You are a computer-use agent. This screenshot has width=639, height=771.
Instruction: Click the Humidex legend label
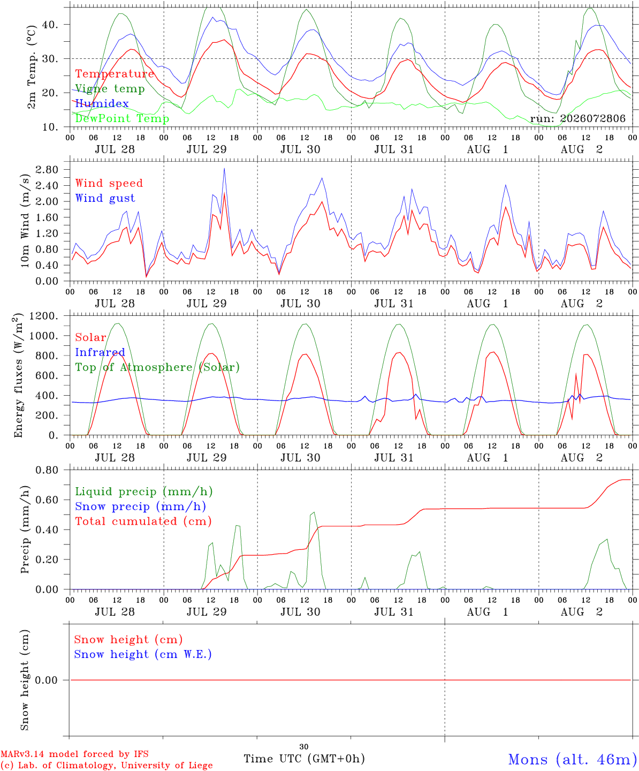click(102, 104)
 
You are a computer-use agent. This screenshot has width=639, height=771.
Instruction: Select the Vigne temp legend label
click(110, 89)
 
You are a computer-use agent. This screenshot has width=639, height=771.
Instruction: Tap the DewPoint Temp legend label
click(122, 118)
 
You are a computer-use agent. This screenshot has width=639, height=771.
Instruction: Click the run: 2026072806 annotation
click(577, 118)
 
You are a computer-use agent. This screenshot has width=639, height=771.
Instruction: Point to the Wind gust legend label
click(105, 199)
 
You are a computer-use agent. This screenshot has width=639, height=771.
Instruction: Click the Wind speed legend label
click(109, 184)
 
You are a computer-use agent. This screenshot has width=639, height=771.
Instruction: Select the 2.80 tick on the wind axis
click(47, 170)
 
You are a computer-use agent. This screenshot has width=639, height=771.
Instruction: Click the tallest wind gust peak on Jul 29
click(224, 169)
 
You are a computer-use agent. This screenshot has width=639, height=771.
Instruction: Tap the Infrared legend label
click(100, 352)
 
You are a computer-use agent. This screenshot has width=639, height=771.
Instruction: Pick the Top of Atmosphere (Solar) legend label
click(158, 367)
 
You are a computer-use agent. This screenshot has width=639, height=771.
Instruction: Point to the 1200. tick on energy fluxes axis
click(44, 316)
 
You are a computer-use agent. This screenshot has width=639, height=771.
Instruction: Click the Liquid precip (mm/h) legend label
click(144, 492)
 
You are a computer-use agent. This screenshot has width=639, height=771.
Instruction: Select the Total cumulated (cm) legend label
click(143, 521)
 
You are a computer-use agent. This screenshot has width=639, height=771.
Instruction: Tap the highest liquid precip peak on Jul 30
click(314, 512)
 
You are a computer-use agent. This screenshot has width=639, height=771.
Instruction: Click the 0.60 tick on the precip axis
click(47, 500)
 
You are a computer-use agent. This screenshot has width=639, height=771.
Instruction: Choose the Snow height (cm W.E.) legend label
click(143, 654)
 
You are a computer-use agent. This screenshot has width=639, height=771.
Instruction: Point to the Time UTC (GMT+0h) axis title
click(304, 759)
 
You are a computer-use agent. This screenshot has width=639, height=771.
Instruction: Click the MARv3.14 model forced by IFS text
click(74, 754)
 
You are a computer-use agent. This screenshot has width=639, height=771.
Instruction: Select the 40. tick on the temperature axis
click(50, 25)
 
